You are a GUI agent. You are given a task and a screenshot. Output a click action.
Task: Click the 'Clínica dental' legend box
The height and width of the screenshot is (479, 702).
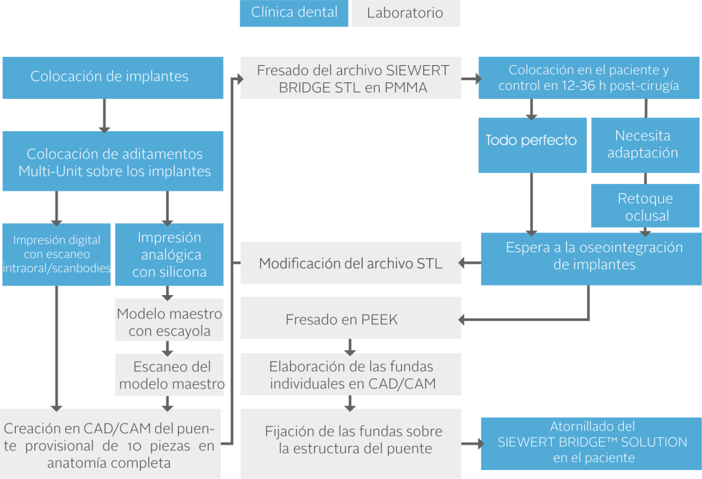(294, 13)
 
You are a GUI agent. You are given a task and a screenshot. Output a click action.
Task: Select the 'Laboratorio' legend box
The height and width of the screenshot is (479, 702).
(405, 14)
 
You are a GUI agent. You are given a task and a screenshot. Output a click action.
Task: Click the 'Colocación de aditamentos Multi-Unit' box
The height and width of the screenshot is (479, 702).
(112, 162)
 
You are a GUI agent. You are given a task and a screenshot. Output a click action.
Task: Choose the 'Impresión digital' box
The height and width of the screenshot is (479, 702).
(56, 254)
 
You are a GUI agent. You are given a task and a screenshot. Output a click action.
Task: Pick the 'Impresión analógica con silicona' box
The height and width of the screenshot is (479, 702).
(169, 255)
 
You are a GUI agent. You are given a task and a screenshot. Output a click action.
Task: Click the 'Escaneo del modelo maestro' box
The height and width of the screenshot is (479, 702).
(169, 375)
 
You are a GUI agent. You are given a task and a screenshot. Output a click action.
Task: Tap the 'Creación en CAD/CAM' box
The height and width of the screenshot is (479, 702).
(110, 445)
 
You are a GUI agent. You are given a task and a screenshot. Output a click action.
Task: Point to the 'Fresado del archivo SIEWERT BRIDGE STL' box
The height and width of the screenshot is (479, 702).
(350, 78)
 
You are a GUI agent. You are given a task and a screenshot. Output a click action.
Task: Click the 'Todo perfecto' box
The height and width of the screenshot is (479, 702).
(531, 141)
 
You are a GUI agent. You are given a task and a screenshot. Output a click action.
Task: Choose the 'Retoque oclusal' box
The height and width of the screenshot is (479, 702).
(645, 207)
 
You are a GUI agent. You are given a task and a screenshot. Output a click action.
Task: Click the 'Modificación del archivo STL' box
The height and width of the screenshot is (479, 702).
(350, 264)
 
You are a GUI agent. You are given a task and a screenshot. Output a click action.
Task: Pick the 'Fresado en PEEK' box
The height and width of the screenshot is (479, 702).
(350, 319)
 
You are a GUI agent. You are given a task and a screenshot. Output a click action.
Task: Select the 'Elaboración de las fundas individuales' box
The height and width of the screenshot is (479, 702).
(350, 375)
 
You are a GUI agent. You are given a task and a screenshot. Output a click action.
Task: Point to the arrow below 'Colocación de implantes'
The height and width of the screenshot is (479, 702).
(104, 115)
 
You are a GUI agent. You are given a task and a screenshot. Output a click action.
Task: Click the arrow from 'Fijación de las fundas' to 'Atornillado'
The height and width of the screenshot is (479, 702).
(471, 443)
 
